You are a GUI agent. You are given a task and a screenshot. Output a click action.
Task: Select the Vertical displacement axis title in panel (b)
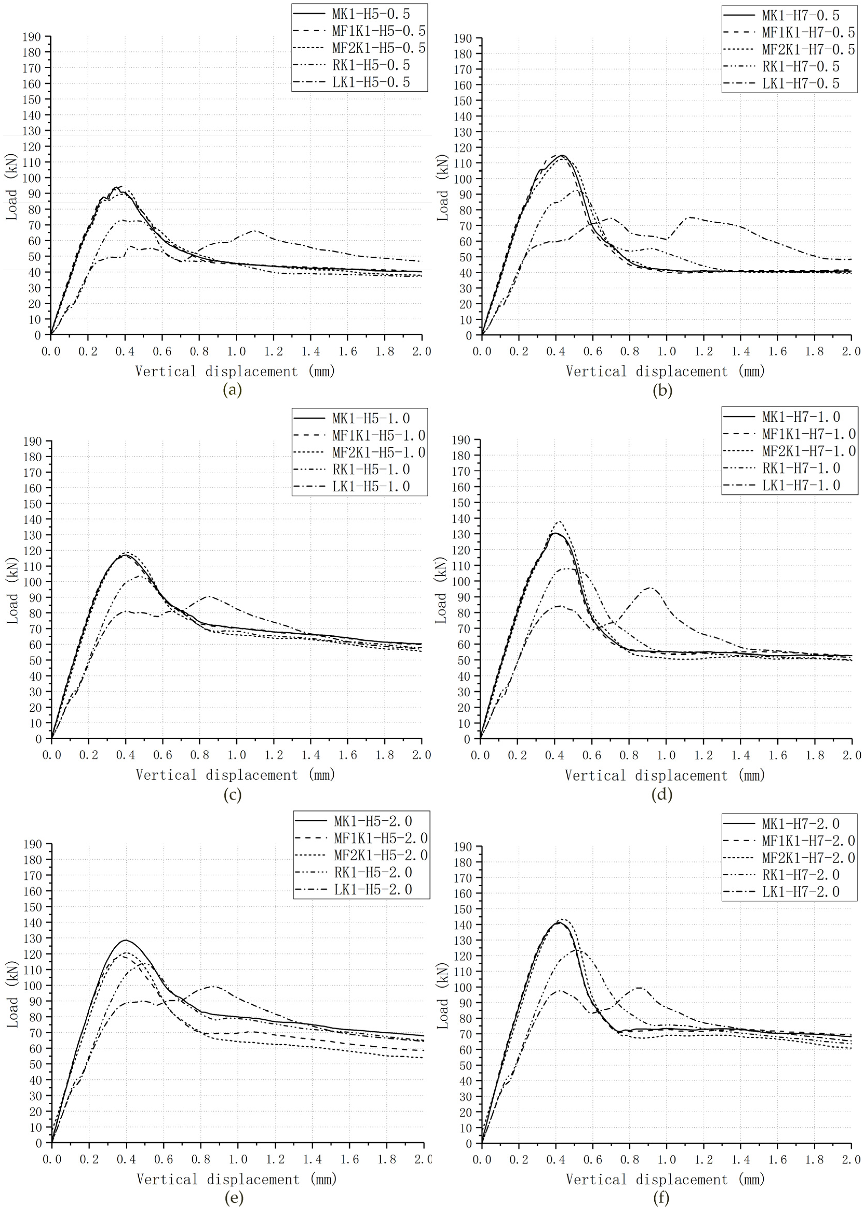click(665, 371)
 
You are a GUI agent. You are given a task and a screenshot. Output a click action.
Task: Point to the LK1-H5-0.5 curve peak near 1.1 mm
click(254, 230)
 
